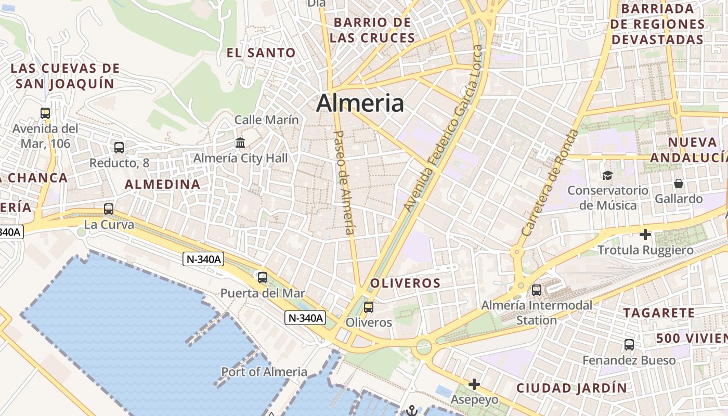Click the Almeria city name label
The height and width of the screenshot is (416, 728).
point(360,103)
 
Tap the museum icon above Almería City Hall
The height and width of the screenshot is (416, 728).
point(240,142)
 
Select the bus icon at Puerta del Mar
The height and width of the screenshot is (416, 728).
point(263,277)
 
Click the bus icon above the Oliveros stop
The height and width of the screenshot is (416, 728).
point(369,307)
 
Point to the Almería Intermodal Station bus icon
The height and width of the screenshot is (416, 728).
point(537,290)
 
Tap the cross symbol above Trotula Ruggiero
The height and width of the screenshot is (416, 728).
point(645,235)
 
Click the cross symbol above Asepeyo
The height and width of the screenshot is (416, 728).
point(474,384)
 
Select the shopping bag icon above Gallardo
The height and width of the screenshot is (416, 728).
point(679,183)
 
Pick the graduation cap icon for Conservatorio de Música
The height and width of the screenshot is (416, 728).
point(607,175)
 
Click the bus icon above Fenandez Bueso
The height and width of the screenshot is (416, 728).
point(629,344)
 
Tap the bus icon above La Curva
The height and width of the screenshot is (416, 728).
point(109,209)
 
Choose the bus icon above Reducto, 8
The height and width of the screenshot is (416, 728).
point(119,148)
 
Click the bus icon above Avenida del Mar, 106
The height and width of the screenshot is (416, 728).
point(45,113)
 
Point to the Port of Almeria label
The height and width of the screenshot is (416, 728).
point(264,372)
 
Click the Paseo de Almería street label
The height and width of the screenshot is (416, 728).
point(344,182)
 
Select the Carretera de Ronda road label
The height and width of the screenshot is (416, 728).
point(550,182)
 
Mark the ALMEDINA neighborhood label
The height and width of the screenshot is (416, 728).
point(162,184)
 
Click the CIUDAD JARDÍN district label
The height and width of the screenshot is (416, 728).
point(571,388)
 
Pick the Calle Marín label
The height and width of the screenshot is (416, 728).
point(267,120)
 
